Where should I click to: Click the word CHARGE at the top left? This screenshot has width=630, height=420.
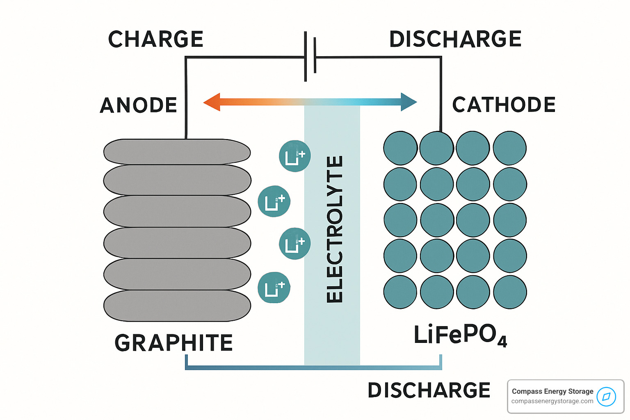(x=156, y=39)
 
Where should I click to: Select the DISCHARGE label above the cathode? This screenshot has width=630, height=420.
(x=455, y=39)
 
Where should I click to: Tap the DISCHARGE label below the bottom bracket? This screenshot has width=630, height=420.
(x=429, y=390)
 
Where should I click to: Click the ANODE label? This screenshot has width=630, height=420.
(x=139, y=105)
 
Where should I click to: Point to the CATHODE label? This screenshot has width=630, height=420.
(x=504, y=105)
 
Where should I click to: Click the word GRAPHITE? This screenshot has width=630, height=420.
(x=174, y=343)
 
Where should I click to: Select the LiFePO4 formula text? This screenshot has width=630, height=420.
(x=460, y=335)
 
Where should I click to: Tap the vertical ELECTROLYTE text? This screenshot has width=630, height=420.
(x=334, y=230)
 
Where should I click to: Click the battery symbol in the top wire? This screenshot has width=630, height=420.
(x=310, y=56)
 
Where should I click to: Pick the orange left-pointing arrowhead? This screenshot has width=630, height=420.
(x=212, y=102)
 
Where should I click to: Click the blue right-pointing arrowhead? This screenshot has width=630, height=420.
(x=409, y=102)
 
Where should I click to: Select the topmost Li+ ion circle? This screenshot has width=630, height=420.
(x=294, y=156)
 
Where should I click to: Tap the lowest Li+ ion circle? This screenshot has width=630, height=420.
(x=274, y=288)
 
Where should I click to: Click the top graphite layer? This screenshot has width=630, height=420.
(x=177, y=152)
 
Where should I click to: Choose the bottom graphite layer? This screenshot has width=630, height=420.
(x=177, y=306)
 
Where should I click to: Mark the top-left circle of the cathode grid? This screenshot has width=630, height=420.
(x=400, y=148)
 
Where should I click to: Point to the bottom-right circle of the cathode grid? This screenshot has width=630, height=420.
(x=510, y=292)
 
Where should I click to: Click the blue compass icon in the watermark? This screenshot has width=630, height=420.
(x=606, y=397)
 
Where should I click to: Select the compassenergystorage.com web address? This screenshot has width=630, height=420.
(x=552, y=401)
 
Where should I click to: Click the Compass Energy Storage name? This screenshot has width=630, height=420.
(x=552, y=391)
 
